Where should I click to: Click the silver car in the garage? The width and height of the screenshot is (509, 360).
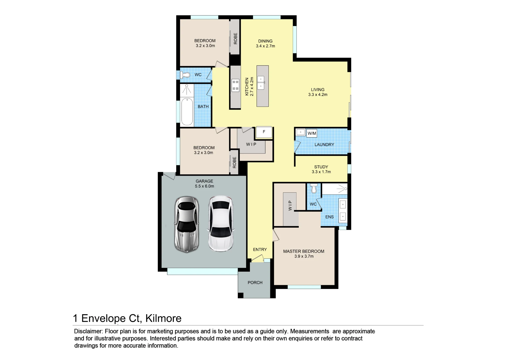(187, 224)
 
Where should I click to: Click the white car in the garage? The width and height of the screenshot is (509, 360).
(221, 224)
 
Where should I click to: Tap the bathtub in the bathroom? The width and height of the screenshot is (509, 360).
(187, 112)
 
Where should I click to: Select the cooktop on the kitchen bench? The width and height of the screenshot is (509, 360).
(235, 86)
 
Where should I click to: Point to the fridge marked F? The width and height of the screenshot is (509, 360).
(264, 132)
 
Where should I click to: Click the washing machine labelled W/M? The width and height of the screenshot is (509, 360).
(312, 133)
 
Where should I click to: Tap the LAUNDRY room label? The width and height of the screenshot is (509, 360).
(324, 145)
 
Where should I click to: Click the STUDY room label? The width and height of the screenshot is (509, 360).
(321, 167)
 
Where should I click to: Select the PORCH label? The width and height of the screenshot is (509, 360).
(255, 283)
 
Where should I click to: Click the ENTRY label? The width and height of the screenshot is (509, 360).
(260, 250)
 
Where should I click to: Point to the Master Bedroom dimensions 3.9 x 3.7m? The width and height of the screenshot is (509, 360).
(304, 256)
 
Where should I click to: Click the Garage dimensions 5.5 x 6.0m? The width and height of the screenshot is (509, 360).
(204, 186)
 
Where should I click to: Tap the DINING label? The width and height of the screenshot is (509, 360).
(265, 41)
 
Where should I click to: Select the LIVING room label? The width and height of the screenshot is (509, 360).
(318, 90)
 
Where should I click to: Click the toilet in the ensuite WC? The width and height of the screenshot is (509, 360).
(314, 188)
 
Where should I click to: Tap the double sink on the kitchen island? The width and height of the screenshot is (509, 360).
(261, 82)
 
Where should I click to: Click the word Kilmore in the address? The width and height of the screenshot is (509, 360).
(163, 318)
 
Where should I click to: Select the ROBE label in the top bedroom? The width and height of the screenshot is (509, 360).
(235, 38)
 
